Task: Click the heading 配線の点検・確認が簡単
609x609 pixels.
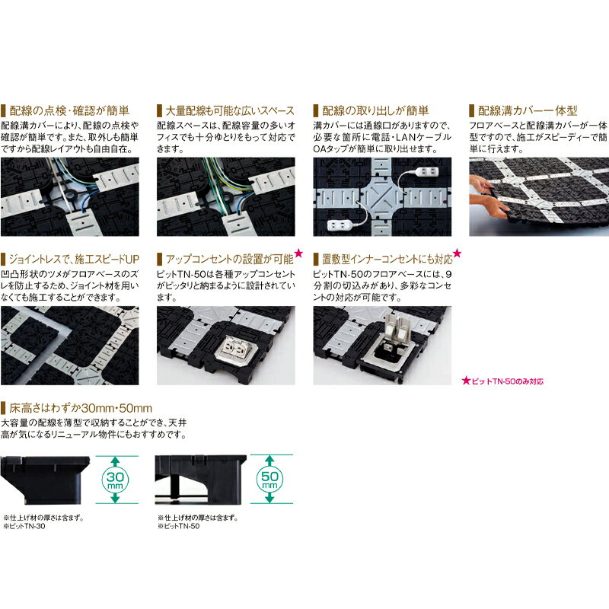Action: coord(69,110)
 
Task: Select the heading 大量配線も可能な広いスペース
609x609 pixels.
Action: coord(230,110)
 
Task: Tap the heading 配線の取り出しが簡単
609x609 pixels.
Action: coord(375,110)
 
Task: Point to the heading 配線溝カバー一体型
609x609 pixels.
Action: coord(528,110)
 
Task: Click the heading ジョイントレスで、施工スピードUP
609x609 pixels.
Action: coord(74,259)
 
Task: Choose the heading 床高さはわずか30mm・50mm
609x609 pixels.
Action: coord(81,408)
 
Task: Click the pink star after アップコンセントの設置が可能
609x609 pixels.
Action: coord(298,253)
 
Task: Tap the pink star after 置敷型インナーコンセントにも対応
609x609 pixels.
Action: coord(458,253)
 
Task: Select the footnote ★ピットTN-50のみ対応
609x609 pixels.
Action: coord(502,381)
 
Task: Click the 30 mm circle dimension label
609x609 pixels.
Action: coord(115,480)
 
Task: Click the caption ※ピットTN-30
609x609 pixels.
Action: coord(24,526)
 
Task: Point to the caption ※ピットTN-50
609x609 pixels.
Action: coord(179,526)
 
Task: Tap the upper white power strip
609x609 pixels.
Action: coord(427,171)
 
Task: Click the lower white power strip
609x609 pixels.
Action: coord(340,225)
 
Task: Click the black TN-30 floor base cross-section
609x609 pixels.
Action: coord(45,480)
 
